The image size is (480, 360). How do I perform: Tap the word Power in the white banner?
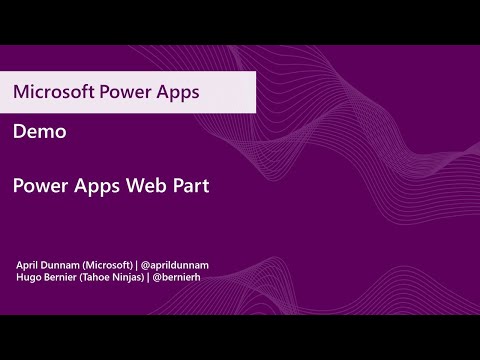click(x=126, y=92)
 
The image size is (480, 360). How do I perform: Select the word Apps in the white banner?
click(x=178, y=92)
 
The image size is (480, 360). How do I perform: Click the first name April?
click(x=30, y=263)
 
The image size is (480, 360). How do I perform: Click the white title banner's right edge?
click(x=258, y=92)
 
